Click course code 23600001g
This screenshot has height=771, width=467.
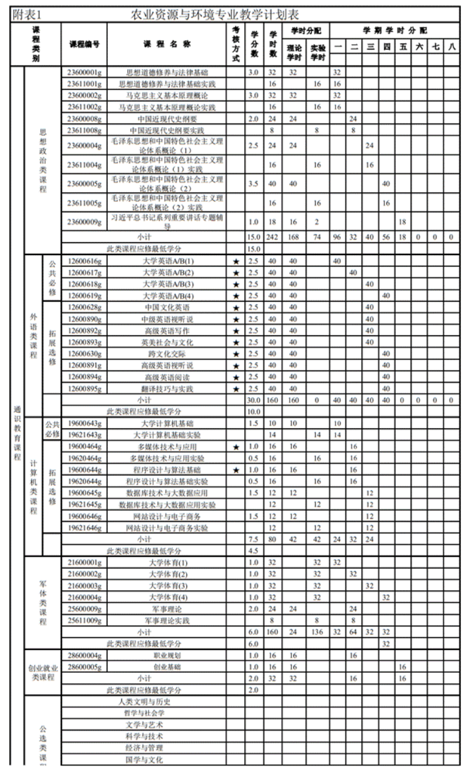84,73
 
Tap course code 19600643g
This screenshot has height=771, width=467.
84,423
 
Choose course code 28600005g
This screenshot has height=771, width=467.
84,667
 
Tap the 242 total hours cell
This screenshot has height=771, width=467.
272,237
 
